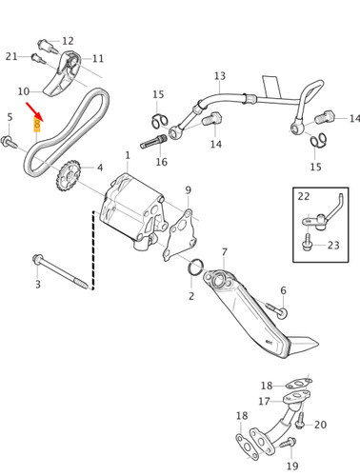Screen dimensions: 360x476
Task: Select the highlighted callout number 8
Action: click(37, 125)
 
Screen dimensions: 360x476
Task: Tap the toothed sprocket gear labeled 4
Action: click(68, 176)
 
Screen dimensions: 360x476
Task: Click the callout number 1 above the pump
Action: click(128, 155)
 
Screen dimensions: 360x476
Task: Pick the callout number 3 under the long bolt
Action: click(38, 284)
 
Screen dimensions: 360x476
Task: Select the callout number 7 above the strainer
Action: click(225, 252)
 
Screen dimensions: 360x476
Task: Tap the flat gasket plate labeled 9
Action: click(179, 235)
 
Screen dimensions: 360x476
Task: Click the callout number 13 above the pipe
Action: click(220, 76)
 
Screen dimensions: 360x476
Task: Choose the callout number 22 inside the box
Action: click(304, 196)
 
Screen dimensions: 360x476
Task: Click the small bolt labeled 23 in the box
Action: click(307, 243)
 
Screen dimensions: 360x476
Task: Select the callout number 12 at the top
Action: click(68, 41)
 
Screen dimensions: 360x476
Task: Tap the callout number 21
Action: click(11, 56)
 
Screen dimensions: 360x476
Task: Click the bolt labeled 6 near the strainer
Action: click(277, 310)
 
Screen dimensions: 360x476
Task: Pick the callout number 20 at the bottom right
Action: click(320, 425)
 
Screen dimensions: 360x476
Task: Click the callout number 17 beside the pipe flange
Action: click(264, 402)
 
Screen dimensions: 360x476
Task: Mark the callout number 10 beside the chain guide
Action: click(24, 91)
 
